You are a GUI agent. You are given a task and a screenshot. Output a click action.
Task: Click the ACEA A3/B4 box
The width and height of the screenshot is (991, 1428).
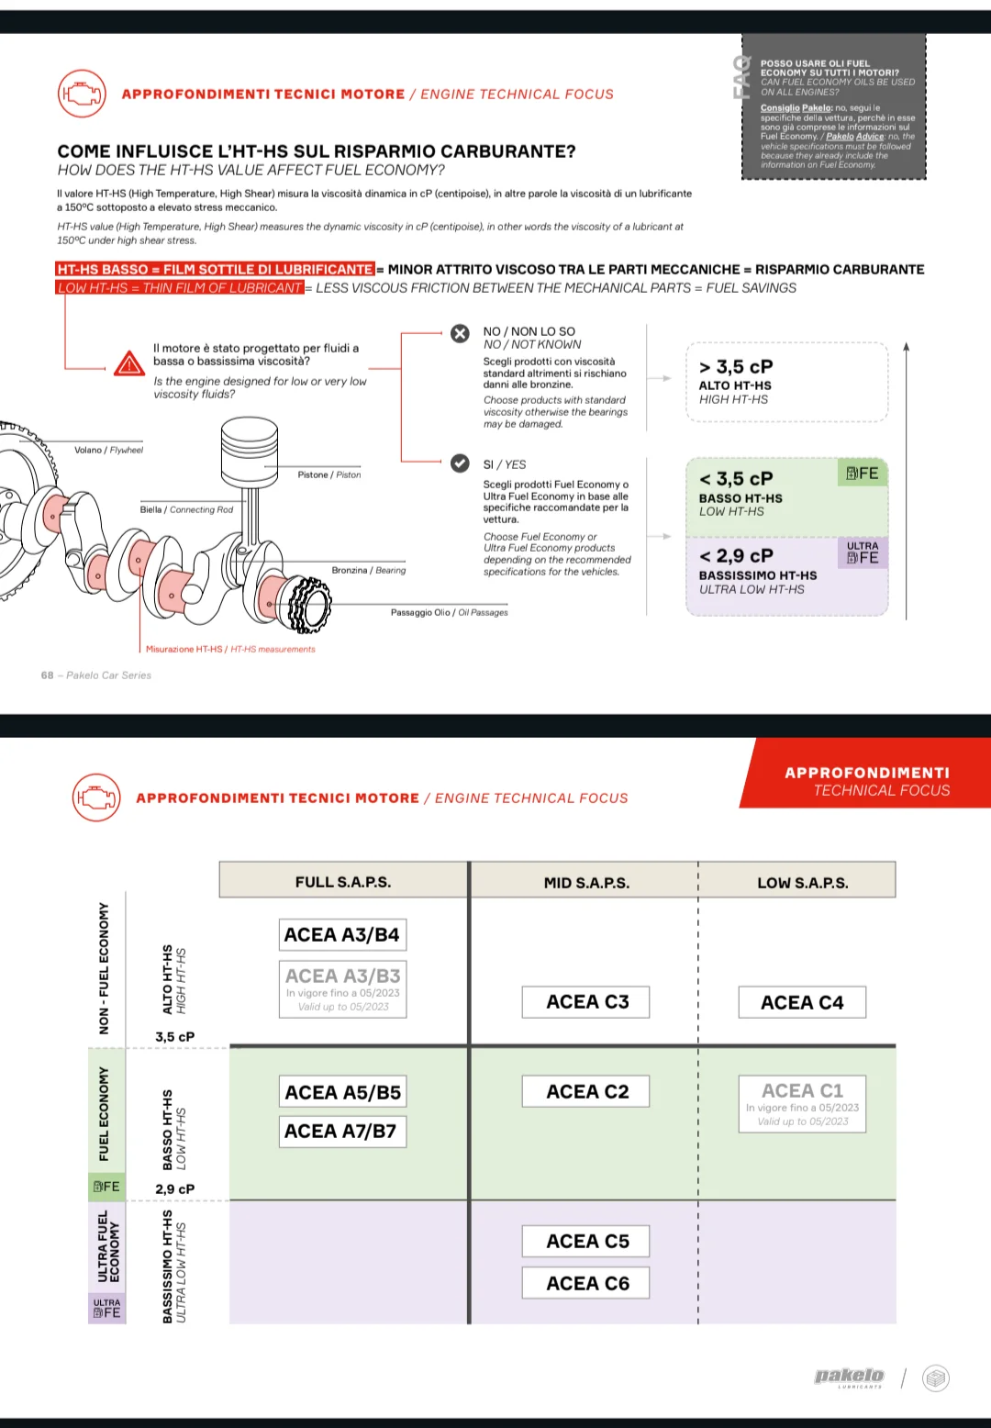point(342,935)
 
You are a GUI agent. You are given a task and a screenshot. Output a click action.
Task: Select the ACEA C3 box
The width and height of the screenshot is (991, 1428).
point(586,1002)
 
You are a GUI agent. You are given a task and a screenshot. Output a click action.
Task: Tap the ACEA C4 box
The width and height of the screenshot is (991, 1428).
point(802,1003)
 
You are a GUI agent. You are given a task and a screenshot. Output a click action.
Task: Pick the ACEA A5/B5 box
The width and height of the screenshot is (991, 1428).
point(342,1092)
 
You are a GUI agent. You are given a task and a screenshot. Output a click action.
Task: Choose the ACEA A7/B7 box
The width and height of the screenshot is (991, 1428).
point(342,1132)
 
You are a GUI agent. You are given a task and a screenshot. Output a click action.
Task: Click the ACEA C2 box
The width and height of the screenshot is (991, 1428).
point(586,1092)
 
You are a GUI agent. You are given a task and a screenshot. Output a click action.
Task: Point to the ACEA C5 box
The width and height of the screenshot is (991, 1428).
point(586,1242)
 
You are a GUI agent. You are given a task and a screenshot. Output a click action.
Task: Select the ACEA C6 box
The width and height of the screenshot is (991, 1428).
point(586,1283)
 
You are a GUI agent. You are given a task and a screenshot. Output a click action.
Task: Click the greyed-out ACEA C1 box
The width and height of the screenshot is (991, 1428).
point(802,1104)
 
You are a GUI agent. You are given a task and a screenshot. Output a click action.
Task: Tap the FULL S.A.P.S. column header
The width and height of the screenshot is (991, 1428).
point(343,882)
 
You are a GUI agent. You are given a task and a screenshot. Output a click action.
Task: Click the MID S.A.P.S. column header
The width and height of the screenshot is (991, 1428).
point(586,883)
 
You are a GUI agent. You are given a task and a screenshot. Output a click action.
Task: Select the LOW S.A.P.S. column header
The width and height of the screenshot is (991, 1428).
point(802,883)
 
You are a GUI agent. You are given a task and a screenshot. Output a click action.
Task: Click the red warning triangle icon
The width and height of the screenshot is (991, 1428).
point(129,364)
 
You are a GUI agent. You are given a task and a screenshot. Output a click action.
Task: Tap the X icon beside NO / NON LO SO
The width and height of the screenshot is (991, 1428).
point(460,333)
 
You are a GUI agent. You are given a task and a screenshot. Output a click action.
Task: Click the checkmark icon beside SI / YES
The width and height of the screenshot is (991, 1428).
point(460,463)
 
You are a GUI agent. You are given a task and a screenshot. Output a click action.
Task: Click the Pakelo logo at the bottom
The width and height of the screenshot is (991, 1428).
point(849,1376)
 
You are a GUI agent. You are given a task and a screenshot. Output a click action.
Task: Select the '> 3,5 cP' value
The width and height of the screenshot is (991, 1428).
point(736,367)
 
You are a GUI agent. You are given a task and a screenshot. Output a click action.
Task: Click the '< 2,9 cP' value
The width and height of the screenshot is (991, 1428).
point(736,556)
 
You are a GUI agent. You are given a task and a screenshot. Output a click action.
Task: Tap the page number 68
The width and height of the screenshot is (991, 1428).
point(47,675)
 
